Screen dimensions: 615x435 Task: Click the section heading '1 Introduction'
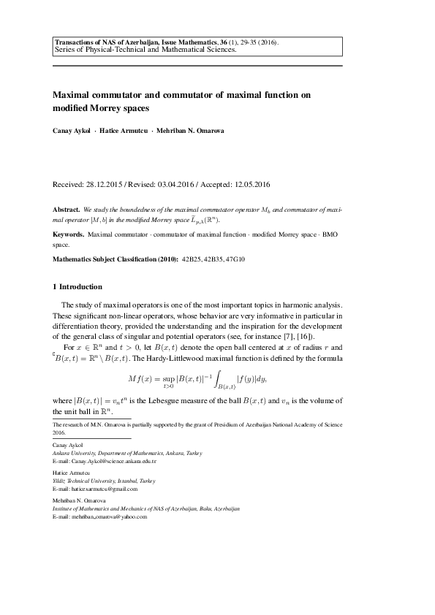(77, 286)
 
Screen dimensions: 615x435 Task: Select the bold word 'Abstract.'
(67, 209)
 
